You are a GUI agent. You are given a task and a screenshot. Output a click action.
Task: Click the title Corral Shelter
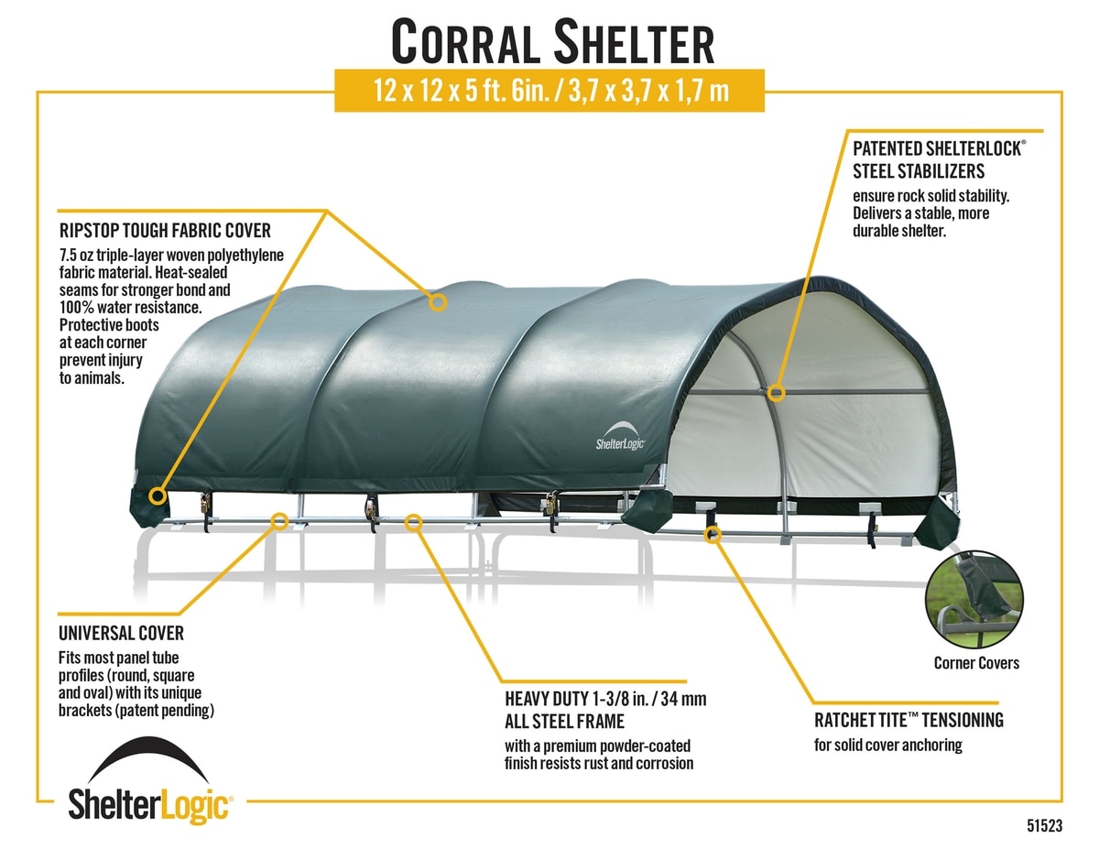[552, 41]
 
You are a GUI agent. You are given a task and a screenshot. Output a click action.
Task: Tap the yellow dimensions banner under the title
[549, 91]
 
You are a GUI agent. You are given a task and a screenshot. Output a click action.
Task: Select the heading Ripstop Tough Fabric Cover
[165, 231]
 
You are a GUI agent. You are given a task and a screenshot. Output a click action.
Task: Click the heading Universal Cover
[121, 633]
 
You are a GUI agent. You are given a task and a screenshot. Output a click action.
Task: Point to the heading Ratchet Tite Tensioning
[909, 720]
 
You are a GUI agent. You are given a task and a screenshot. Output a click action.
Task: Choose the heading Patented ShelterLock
[939, 148]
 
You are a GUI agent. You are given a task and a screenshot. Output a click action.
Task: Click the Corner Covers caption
[976, 663]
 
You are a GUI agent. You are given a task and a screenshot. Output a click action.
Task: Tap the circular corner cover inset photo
[974, 600]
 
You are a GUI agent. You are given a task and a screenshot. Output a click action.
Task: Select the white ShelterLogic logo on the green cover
[621, 436]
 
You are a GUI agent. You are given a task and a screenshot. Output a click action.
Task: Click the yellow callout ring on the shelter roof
[438, 303]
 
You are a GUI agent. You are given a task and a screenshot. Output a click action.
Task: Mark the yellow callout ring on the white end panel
[776, 393]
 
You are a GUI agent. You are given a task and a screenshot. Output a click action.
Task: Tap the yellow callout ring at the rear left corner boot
[158, 495]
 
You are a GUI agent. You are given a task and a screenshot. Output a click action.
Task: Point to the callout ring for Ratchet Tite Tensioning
[713, 534]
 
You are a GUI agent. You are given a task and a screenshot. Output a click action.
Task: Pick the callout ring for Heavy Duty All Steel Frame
[414, 523]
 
